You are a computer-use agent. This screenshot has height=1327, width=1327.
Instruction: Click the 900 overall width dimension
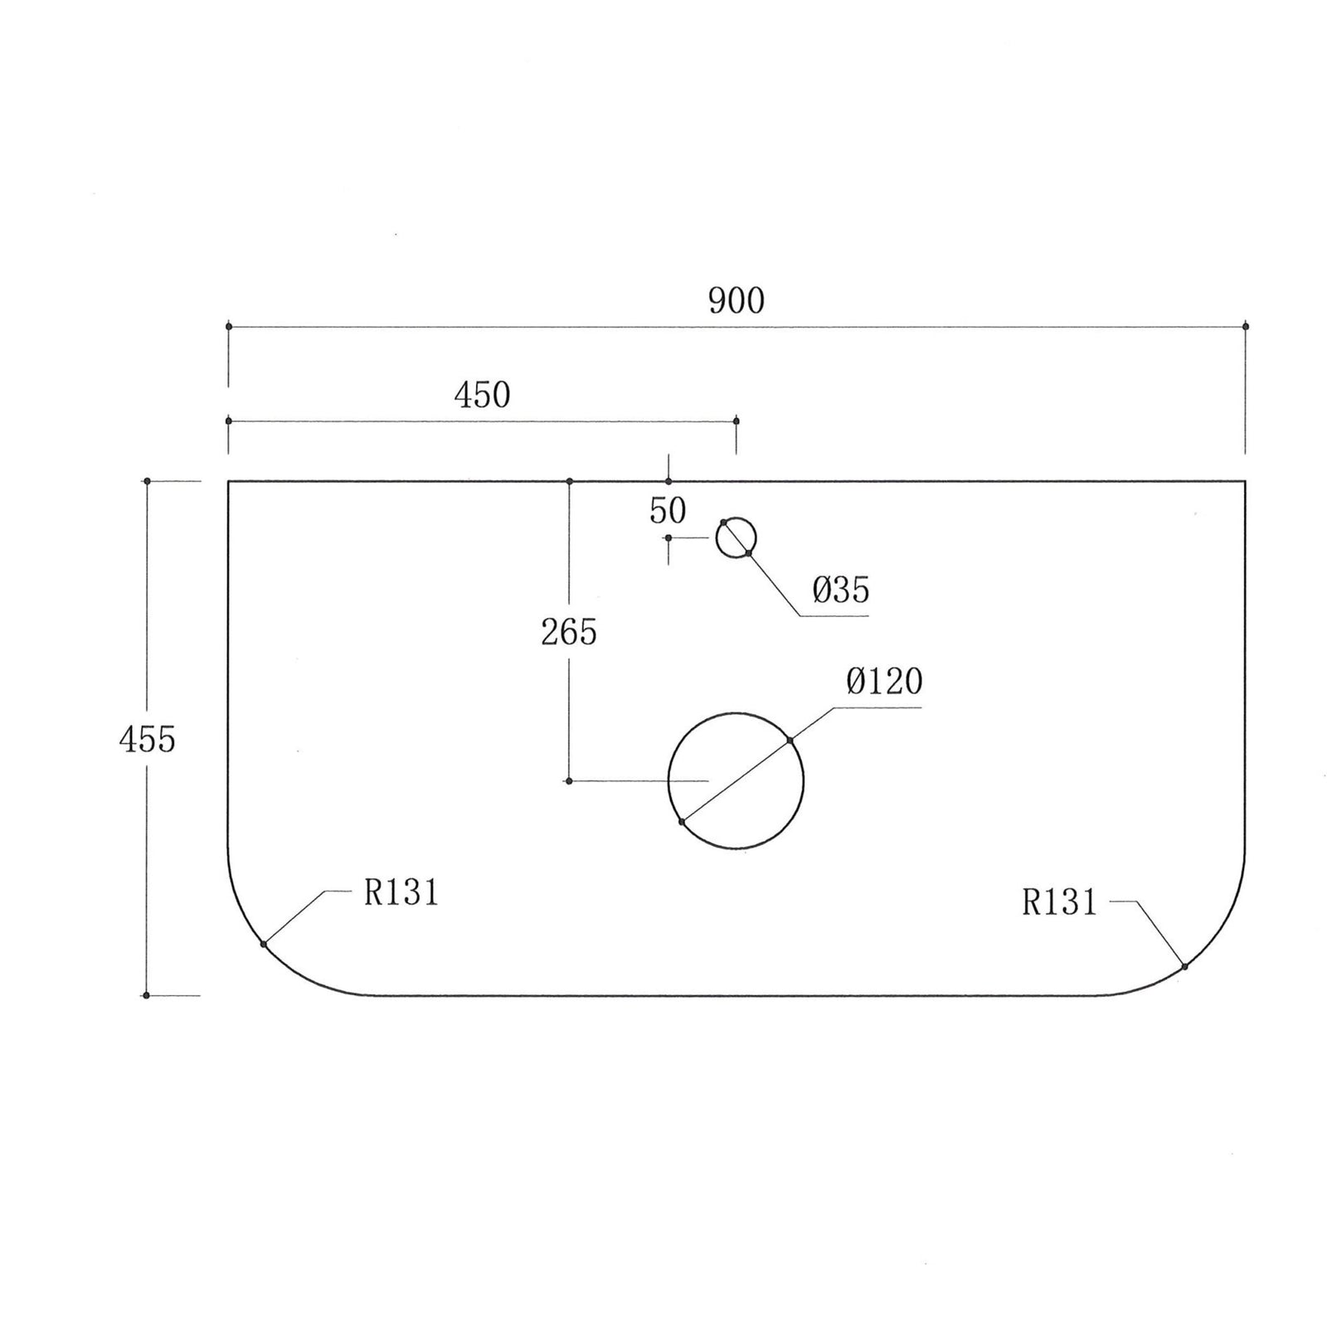pyautogui.click(x=736, y=301)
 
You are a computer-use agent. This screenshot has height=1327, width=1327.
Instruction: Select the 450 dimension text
pyautogui.click(x=482, y=396)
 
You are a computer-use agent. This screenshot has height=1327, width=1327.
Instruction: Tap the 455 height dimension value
pyautogui.click(x=148, y=739)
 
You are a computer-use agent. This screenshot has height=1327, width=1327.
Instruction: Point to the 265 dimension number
pyautogui.click(x=569, y=633)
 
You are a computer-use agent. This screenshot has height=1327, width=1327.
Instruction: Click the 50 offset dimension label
pyautogui.click(x=668, y=511)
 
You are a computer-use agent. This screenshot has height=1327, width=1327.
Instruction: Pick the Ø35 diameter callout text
pyautogui.click(x=841, y=591)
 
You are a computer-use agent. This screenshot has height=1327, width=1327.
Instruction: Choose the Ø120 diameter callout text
pyautogui.click(x=884, y=682)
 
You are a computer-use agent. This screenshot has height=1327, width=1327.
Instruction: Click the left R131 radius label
pyautogui.click(x=401, y=893)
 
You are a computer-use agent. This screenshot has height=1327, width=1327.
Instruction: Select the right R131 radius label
pyautogui.click(x=1059, y=902)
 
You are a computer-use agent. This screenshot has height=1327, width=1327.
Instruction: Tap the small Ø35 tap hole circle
pyautogui.click(x=717, y=537)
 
